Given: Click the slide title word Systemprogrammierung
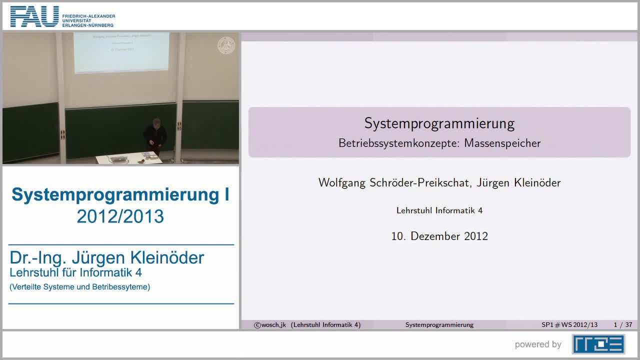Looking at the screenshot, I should tap(439, 123).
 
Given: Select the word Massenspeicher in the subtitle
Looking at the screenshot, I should tap(502, 143).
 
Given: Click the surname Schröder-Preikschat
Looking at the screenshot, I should tap(418, 182).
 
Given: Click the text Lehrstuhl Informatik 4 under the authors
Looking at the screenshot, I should tap(439, 210).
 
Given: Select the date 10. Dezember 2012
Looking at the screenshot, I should tap(439, 236).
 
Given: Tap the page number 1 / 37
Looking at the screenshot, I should tap(622, 325).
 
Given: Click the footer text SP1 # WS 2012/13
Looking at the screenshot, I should tap(569, 325).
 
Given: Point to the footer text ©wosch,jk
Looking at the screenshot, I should tap(270, 325).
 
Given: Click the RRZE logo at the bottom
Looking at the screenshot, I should tap(598, 344).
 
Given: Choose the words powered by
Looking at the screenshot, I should tap(538, 344).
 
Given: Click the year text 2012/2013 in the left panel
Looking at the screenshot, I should tap(120, 216).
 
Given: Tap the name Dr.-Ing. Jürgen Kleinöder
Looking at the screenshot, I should tap(107, 257).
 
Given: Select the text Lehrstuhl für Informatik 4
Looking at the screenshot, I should tap(75, 272).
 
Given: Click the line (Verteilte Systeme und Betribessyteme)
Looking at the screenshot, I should tap(80, 287).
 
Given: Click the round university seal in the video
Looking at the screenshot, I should tap(225, 46).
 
